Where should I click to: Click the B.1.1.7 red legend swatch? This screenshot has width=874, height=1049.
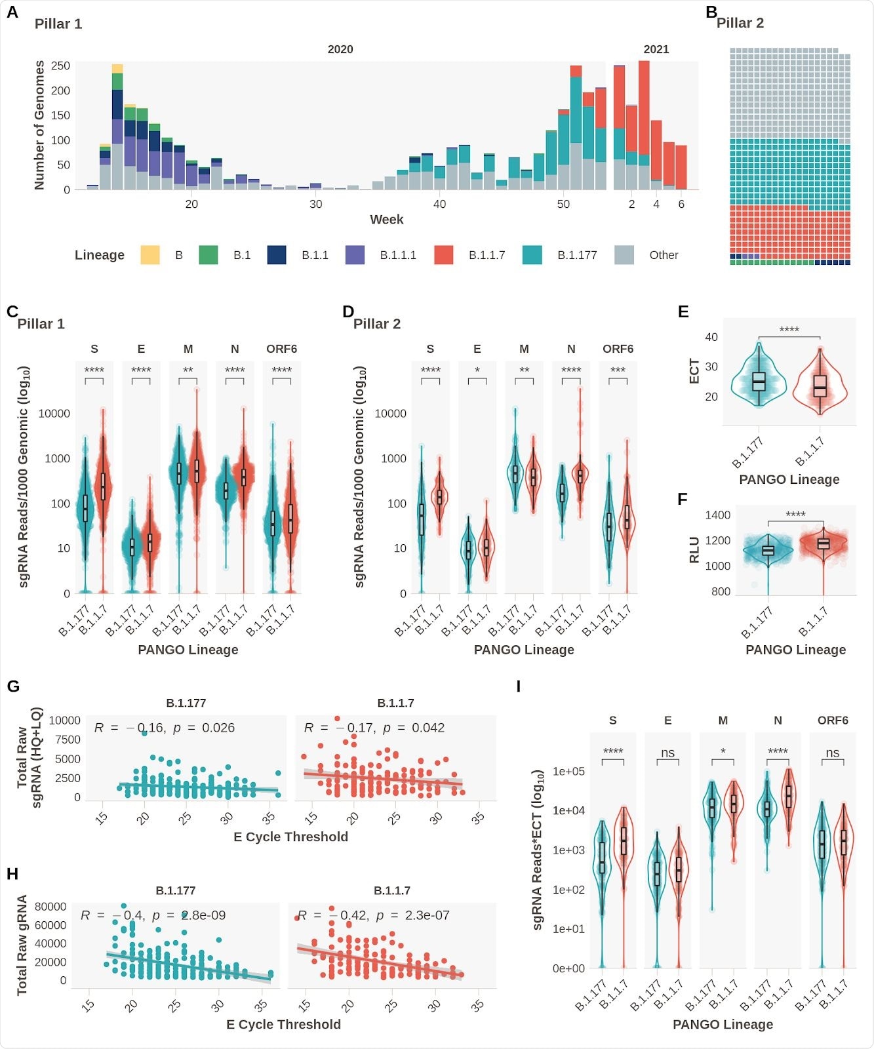point(444,255)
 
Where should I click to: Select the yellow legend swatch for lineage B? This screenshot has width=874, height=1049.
point(150,255)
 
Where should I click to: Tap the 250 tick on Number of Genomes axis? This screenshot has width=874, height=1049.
point(60,66)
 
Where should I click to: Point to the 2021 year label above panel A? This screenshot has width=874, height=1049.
point(656,49)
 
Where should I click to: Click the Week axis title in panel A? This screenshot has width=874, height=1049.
point(386,220)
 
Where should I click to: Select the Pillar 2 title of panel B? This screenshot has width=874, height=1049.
point(740,23)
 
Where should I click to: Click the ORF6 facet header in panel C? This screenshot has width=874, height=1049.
point(281,349)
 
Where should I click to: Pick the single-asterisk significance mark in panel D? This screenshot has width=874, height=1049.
point(477,371)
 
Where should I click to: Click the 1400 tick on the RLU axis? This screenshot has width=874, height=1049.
point(717,515)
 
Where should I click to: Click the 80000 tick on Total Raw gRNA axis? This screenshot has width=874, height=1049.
point(50,907)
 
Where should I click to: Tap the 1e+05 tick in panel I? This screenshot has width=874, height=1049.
point(568,772)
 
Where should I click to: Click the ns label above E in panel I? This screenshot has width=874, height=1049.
point(667,753)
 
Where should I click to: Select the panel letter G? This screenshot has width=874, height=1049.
point(13,686)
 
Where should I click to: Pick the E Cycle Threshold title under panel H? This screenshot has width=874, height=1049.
point(283,1024)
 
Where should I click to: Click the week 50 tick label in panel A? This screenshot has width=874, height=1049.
point(563,205)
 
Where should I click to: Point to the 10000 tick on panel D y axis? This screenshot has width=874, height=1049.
point(390,414)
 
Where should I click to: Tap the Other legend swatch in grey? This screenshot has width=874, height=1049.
point(624,255)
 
